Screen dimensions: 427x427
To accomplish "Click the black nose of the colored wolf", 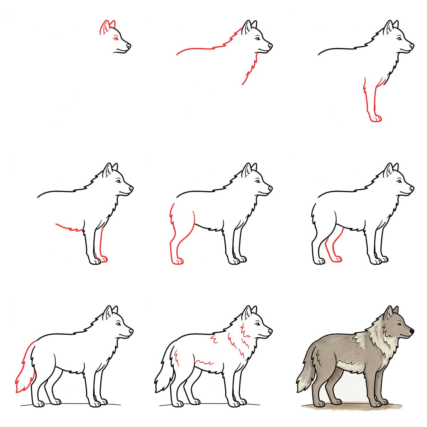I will (x=412, y=331).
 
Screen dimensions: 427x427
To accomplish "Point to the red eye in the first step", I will (x=115, y=38).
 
